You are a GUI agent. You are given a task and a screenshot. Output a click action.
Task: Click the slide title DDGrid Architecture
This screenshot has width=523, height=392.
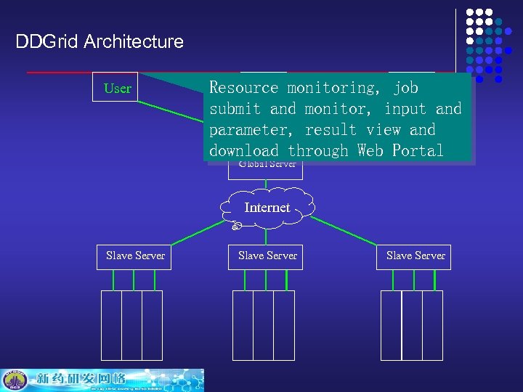point(100,41)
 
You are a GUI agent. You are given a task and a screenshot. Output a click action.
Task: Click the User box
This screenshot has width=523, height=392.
point(117,89)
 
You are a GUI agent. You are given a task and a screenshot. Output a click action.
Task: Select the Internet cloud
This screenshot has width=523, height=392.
point(267,208)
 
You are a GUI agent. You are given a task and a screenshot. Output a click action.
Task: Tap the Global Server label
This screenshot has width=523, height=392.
point(267,165)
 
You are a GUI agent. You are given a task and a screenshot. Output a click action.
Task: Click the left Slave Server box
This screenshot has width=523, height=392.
point(135,256)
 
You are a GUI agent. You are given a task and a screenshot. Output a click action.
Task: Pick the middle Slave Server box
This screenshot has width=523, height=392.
point(267,256)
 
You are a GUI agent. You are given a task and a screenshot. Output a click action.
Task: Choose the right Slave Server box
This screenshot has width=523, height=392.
point(415,256)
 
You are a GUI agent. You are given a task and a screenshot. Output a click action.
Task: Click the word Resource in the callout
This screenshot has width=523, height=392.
point(244,88)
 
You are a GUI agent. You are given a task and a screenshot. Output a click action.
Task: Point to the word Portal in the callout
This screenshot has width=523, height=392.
point(417,151)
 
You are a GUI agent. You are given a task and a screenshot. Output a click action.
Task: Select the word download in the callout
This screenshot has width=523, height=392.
point(244,151)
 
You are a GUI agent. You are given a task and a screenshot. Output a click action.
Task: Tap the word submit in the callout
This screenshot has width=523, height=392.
point(235,109)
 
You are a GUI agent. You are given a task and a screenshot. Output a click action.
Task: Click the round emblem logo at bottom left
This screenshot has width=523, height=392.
point(15,380)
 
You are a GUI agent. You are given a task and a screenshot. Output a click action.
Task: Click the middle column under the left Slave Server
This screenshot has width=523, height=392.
point(131,324)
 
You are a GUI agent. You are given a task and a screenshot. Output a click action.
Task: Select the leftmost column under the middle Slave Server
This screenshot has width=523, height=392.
point(243,324)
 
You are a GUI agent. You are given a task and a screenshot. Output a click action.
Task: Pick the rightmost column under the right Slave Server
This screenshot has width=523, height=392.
point(432,324)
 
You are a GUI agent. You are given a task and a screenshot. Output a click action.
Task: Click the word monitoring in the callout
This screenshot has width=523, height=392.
point(331,88)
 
